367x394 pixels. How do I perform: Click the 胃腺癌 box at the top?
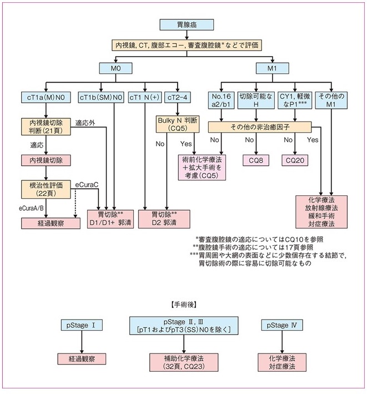click(x=187, y=24)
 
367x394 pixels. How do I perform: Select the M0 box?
click(x=115, y=68)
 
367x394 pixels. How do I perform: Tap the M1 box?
click(x=272, y=68)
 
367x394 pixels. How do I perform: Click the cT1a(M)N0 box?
click(x=46, y=97)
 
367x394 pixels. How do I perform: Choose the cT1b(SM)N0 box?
click(x=101, y=97)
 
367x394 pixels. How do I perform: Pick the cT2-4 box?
click(x=178, y=97)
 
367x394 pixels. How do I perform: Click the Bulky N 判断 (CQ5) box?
click(x=178, y=124)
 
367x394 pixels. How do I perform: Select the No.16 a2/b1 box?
click(x=221, y=100)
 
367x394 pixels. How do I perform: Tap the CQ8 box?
click(x=256, y=160)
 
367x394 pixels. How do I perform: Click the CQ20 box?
click(x=295, y=160)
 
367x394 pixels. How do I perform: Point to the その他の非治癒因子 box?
click(x=260, y=127)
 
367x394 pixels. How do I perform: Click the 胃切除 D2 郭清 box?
click(x=164, y=219)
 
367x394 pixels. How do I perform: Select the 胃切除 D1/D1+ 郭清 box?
click(x=110, y=219)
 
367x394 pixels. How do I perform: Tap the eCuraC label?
click(x=87, y=185)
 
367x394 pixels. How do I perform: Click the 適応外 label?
click(x=85, y=123)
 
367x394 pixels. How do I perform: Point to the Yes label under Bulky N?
click(x=186, y=144)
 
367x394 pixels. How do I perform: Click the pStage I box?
click(x=82, y=325)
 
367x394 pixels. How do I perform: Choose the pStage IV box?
click(x=282, y=325)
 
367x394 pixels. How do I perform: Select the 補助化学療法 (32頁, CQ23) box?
click(x=184, y=362)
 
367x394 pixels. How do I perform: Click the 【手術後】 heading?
click(x=183, y=305)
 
